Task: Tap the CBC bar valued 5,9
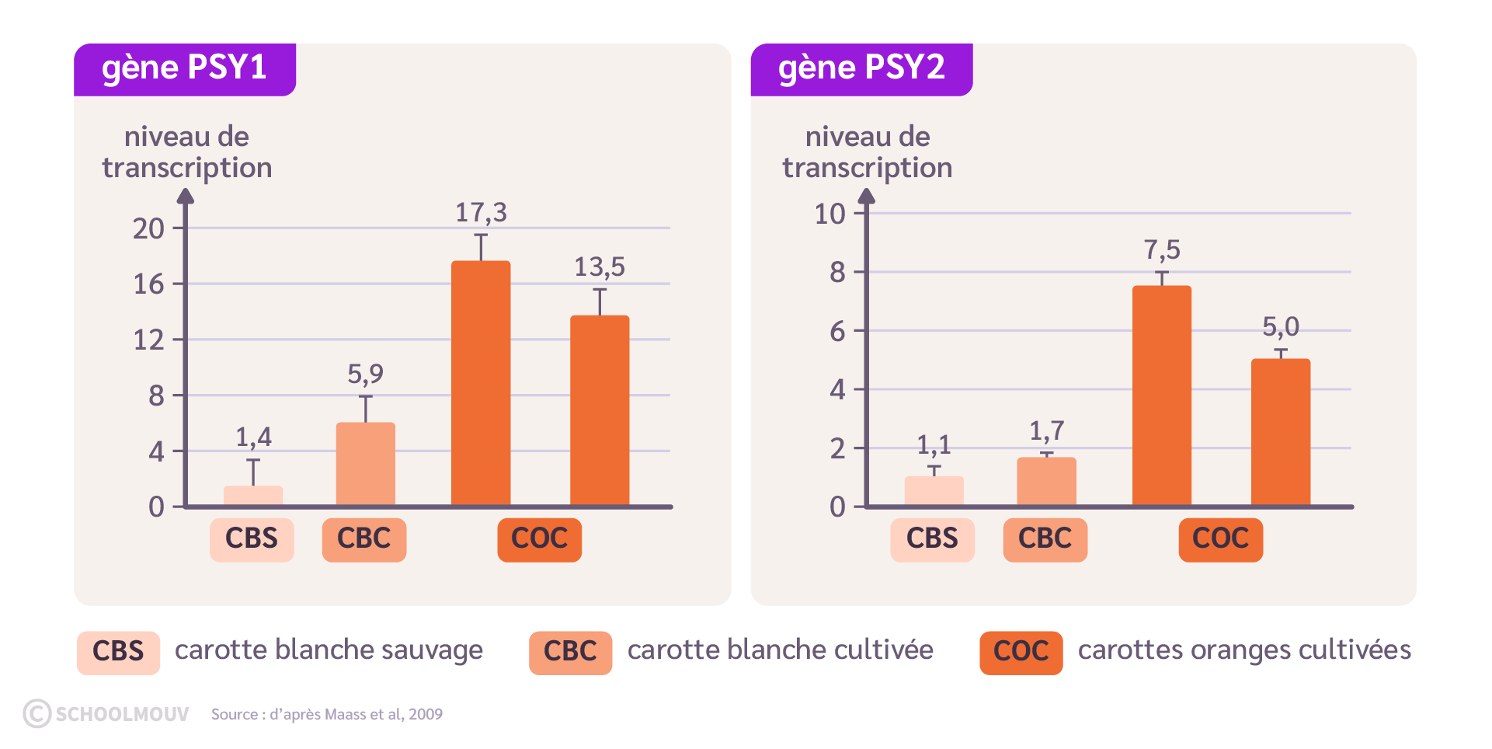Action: pos(365,464)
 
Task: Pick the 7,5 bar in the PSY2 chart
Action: pos(1161,395)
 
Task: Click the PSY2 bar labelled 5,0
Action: pos(1280,432)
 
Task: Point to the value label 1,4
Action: pos(254,437)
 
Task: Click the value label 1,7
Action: pos(1046,431)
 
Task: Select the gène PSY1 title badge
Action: pos(185,68)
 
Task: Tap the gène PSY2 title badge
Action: pos(861,68)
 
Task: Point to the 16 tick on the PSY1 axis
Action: pos(149,284)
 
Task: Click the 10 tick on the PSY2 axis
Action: pos(829,214)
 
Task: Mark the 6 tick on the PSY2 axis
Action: pos(837,332)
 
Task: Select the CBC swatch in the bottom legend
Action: pos(570,652)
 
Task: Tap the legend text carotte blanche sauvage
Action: pos(329,650)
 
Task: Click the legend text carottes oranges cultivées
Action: pos(1244,650)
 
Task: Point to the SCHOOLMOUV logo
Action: pos(106,714)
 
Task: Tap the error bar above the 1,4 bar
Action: pos(253,472)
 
